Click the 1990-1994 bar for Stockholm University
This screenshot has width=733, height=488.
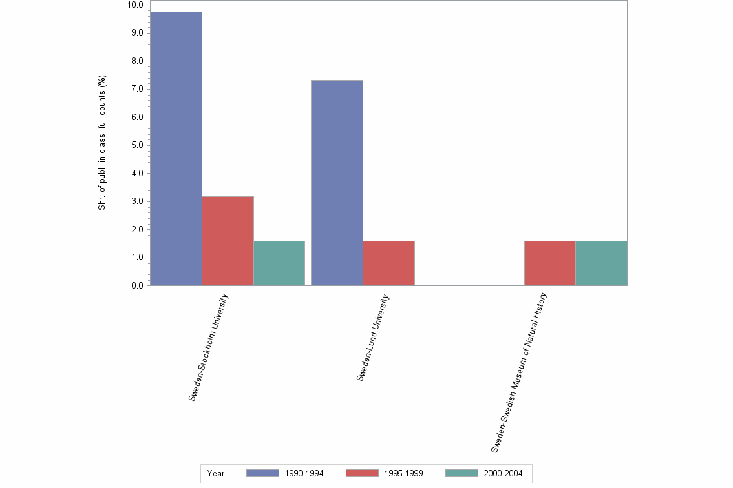click(176, 148)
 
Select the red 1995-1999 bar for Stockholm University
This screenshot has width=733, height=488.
click(228, 241)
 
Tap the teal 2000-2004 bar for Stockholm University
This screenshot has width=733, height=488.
click(279, 263)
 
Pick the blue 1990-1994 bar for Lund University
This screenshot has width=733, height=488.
click(337, 183)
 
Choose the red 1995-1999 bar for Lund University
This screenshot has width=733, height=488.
click(388, 263)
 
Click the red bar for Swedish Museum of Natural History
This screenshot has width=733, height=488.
click(549, 263)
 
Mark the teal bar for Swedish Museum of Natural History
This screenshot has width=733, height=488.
click(601, 263)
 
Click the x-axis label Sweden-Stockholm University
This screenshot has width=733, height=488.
click(208, 347)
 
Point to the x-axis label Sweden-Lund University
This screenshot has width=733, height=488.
click(373, 338)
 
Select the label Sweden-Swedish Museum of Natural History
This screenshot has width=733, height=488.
click(519, 372)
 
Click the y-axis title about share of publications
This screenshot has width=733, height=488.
click(101, 143)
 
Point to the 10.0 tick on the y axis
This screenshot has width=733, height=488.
click(135, 5)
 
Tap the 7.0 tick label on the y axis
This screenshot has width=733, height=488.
click(137, 89)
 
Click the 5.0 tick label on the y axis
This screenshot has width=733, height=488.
click(137, 145)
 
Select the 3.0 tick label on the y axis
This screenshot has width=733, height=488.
click(137, 201)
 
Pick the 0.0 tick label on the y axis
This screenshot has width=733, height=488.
click(137, 285)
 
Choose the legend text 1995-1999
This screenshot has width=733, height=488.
click(404, 473)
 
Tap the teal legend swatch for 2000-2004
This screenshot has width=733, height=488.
click(462, 473)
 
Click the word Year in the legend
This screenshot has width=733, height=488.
click(216, 473)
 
